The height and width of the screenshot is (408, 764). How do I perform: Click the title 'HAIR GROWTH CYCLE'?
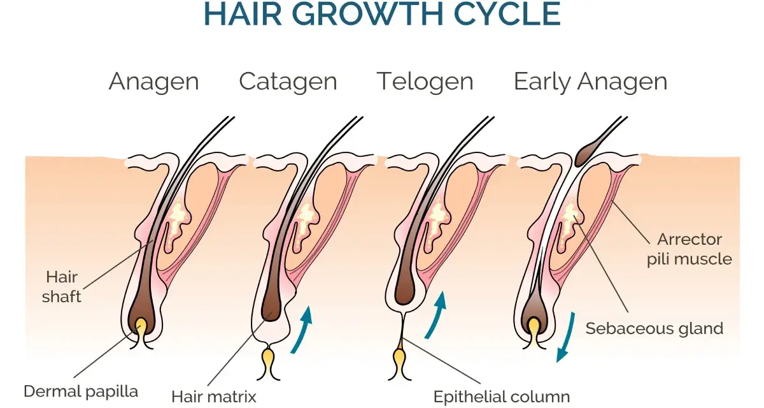tap(382, 14)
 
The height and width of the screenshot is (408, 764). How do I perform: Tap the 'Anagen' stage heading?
tap(154, 82)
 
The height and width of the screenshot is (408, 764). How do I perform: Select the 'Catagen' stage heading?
tap(288, 82)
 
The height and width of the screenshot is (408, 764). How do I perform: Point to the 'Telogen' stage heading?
tap(425, 82)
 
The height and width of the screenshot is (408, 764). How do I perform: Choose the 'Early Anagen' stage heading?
tap(590, 82)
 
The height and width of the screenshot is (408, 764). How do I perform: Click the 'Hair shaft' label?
tap(62, 287)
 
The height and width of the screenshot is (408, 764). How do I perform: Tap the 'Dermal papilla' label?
tap(81, 391)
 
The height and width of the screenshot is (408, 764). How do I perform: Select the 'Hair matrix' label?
tap(214, 397)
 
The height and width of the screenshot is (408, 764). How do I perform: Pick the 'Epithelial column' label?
tap(502, 397)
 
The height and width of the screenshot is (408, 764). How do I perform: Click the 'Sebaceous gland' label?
tap(654, 328)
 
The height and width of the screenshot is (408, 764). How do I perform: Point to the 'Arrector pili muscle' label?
tap(690, 249)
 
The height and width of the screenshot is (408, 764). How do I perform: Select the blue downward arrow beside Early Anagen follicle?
tap(566, 337)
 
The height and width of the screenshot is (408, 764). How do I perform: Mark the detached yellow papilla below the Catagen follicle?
tap(269, 363)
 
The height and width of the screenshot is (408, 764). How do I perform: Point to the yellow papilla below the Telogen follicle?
tap(399, 362)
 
